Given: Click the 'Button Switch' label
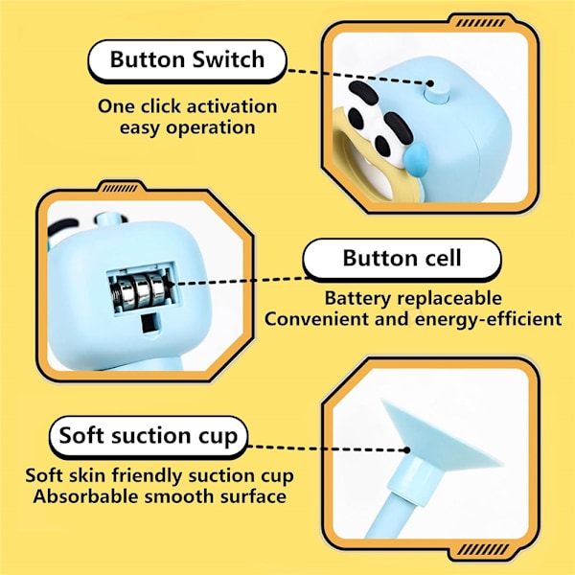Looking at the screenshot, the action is pyautogui.click(x=187, y=59).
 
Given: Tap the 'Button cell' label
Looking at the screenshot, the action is pyautogui.click(x=402, y=258).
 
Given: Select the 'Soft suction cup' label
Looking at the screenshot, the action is pyautogui.click(x=149, y=436).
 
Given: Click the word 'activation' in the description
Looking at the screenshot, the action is pyautogui.click(x=231, y=106).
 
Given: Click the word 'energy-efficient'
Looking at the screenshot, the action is pyautogui.click(x=489, y=319).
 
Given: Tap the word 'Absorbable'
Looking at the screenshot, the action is pyautogui.click(x=86, y=496).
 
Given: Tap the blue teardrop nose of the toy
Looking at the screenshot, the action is pyautogui.click(x=416, y=159).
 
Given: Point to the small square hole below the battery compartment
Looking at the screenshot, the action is pyautogui.click(x=150, y=324).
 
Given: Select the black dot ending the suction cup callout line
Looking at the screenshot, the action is pyautogui.click(x=406, y=450).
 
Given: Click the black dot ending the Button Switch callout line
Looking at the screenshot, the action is pyautogui.click(x=431, y=83).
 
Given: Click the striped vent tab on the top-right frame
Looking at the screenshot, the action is pyautogui.click(x=481, y=23).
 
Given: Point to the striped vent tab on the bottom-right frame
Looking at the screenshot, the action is pyautogui.click(x=483, y=549).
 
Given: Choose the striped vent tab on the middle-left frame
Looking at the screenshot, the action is pyautogui.click(x=120, y=189).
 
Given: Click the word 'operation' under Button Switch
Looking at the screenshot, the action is pyautogui.click(x=211, y=128).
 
